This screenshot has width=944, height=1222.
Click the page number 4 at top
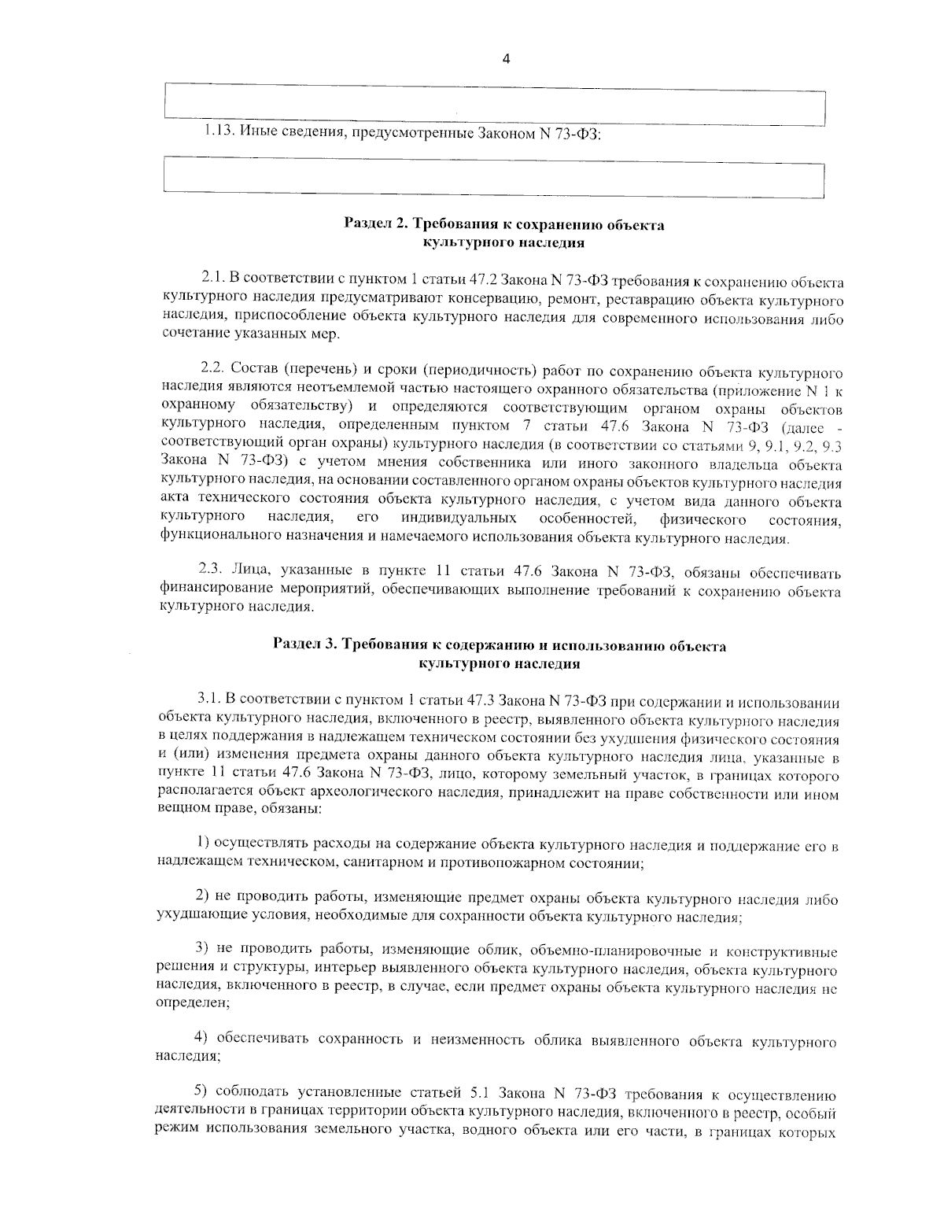(506, 59)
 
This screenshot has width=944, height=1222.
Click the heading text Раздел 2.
(374, 225)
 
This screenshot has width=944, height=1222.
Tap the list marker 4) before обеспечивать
(201, 1042)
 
